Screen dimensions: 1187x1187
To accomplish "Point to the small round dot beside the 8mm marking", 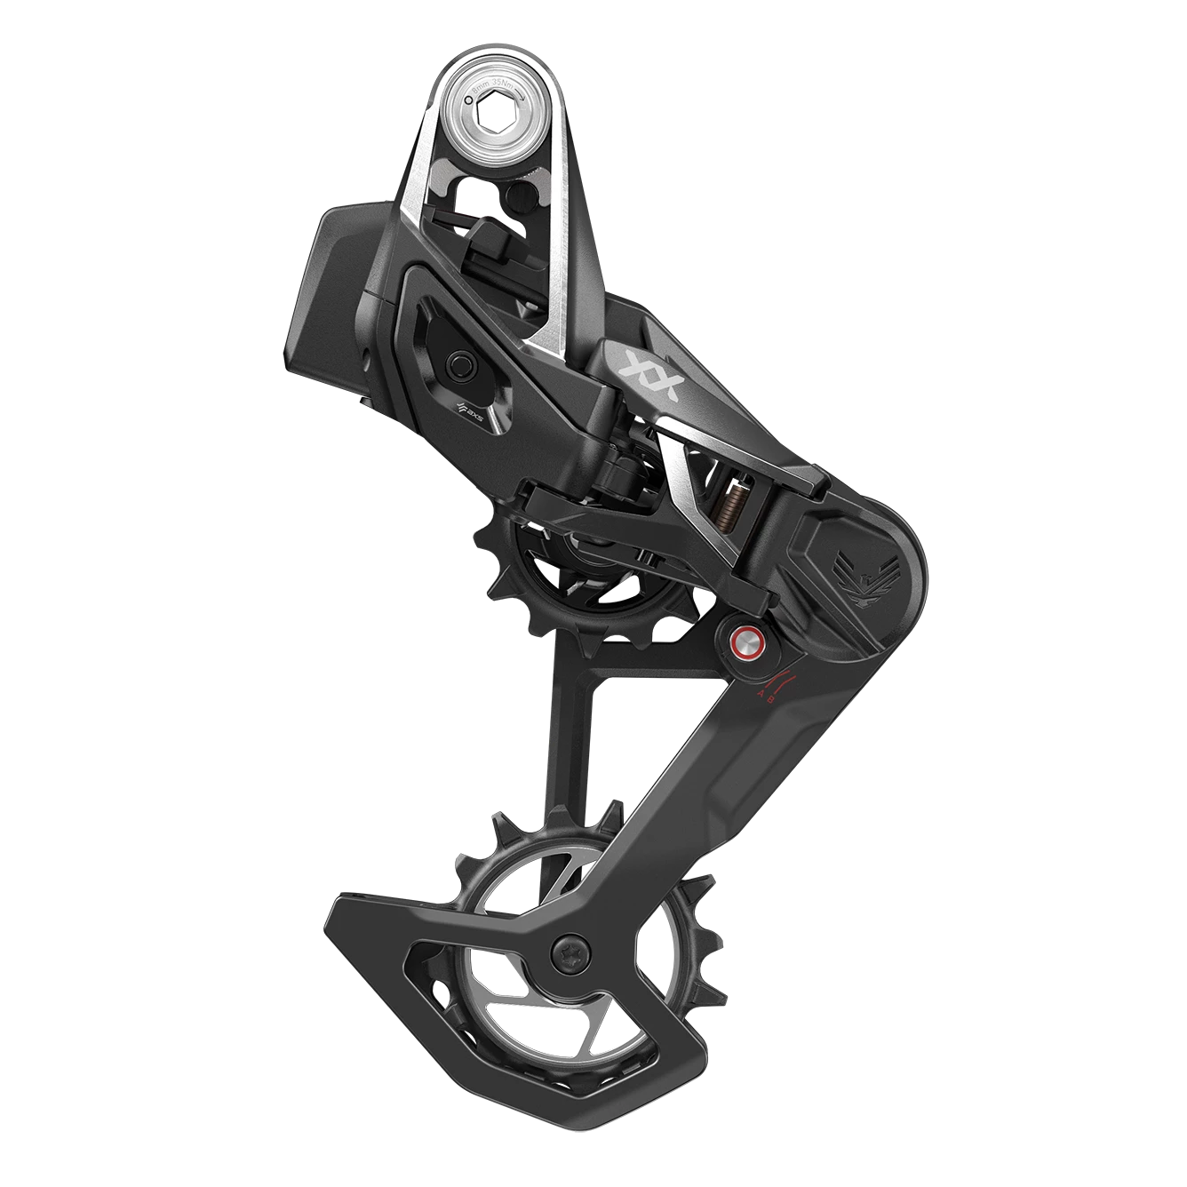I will tap(468, 89).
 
